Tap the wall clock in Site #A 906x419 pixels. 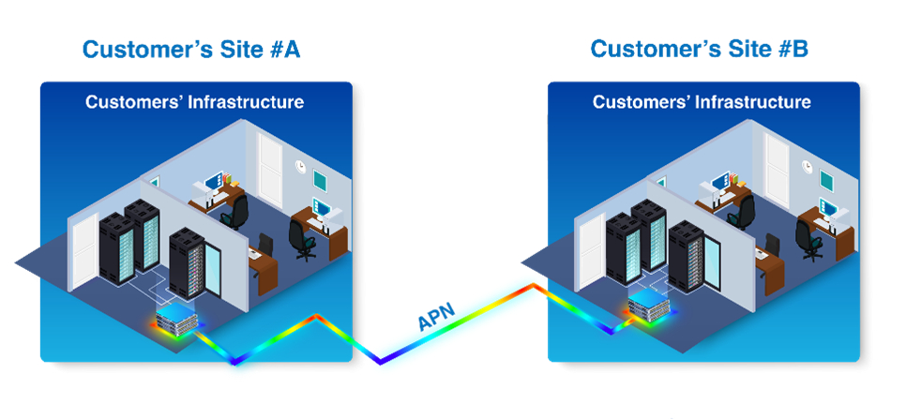[x=299, y=166]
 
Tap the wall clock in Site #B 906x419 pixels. [x=806, y=166]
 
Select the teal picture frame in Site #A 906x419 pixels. [x=320, y=179]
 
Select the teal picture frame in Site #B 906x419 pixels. [x=826, y=179]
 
